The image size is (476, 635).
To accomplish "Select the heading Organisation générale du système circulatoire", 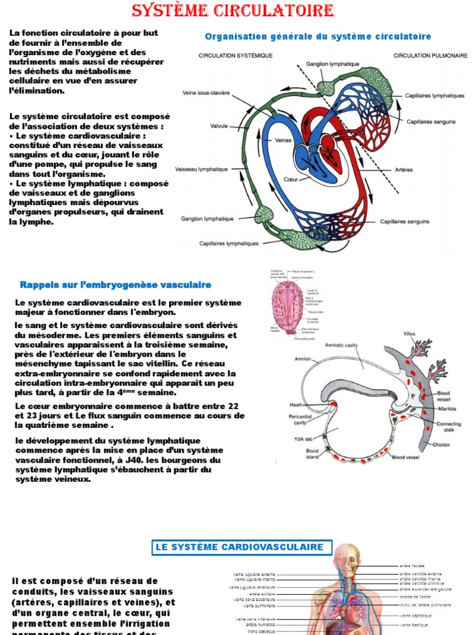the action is click(x=317, y=37).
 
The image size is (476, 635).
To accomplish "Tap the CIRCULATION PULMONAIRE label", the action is click(x=430, y=56).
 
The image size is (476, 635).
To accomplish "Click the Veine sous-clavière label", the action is click(x=206, y=93).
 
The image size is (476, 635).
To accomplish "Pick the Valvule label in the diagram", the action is click(x=219, y=125).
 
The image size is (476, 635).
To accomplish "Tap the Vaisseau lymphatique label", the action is click(x=201, y=169).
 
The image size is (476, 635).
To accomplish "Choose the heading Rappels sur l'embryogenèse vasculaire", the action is click(x=115, y=285).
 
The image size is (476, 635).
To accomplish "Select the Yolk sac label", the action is click(x=303, y=438).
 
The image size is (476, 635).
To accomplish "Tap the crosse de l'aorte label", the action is click(x=415, y=597).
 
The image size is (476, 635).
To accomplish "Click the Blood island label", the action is click(x=312, y=454).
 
